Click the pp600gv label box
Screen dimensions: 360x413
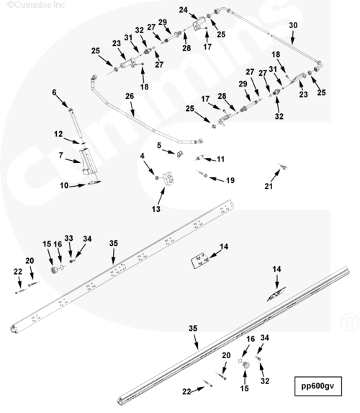coord(318,386)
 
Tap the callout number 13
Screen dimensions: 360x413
coord(156,209)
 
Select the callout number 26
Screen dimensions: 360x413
coord(130,96)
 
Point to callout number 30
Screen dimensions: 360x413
coord(293,25)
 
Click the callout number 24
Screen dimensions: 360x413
coord(184,10)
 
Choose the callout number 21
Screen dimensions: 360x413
coord(269,186)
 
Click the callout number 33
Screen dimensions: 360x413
coord(68,238)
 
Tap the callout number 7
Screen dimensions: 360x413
coord(60,156)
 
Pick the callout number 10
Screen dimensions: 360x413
coord(64,186)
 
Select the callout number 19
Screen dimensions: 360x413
coord(230,180)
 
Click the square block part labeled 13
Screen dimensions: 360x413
coord(168,178)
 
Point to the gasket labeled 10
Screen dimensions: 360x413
coord(94,182)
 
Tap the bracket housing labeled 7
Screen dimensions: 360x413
coord(86,161)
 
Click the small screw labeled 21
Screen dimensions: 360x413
coord(284,166)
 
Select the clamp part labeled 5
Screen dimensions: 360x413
coord(179,154)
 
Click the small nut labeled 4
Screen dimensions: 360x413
coord(156,178)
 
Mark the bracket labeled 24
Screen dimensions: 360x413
coord(199,24)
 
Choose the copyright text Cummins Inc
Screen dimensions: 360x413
coord(36,4)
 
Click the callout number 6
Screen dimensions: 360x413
coord(54,92)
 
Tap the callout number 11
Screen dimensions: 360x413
coord(220,159)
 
